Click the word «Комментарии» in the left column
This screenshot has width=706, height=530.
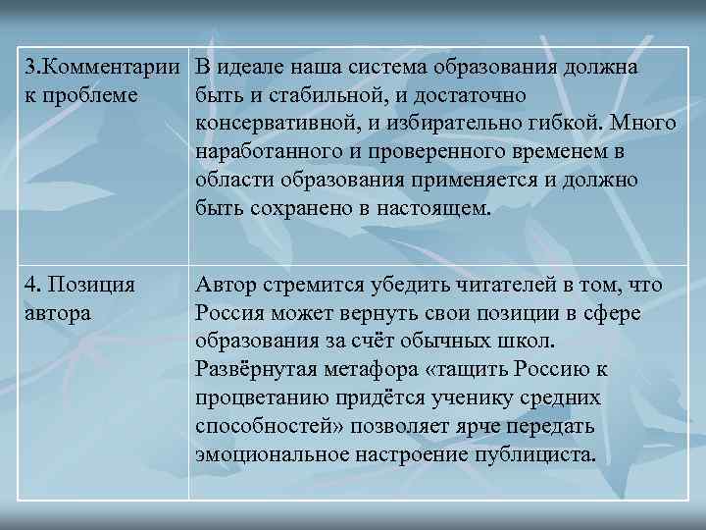114,69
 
